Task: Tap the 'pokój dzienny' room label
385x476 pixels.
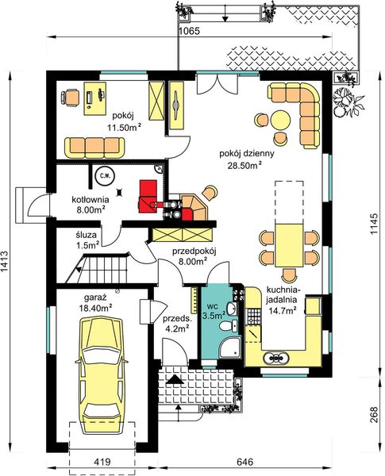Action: (247, 153)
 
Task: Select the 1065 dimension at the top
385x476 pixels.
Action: (189, 31)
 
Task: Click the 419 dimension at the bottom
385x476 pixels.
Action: (102, 462)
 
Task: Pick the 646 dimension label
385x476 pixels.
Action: (244, 462)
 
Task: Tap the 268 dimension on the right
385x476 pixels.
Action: (374, 414)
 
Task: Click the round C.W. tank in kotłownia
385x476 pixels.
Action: (104, 175)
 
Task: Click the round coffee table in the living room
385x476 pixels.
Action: (279, 120)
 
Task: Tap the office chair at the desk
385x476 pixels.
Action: (70, 97)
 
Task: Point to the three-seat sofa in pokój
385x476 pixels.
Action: (94, 148)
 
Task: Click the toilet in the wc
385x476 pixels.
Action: (229, 326)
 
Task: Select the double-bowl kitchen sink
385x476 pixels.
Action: (275, 358)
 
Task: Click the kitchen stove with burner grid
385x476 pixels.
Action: (254, 316)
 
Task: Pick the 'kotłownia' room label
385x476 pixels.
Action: (90, 200)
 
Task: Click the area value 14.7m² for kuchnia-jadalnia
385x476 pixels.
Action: (283, 310)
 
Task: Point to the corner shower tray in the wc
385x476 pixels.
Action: (230, 347)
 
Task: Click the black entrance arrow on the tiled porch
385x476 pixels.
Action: (174, 380)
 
